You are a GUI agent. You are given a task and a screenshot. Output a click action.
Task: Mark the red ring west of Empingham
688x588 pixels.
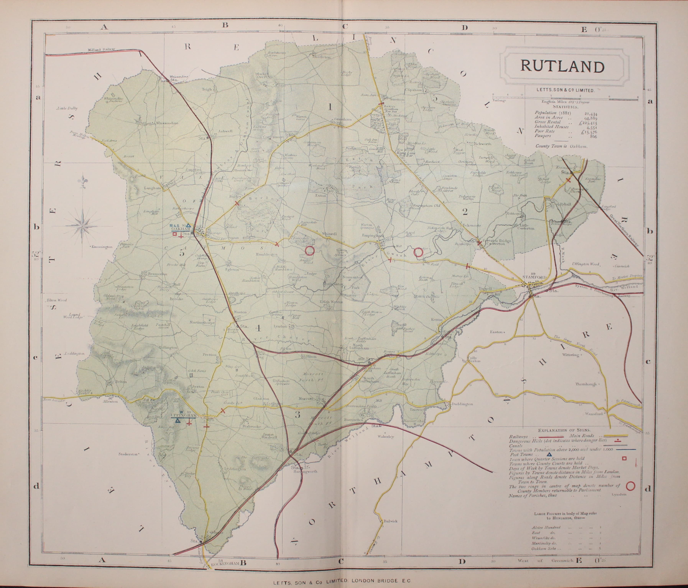(309, 250)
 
